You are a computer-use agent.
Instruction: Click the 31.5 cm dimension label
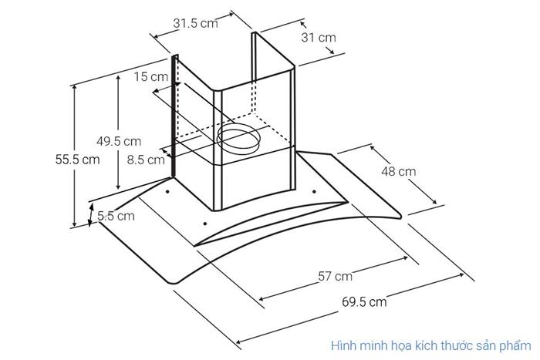click(x=195, y=23)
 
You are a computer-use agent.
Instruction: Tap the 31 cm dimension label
click(x=318, y=37)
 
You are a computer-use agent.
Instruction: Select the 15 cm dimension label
click(x=151, y=76)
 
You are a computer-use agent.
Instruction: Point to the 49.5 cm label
click(x=119, y=141)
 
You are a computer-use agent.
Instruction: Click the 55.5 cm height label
click(x=77, y=160)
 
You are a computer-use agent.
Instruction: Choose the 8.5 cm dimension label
click(x=146, y=160)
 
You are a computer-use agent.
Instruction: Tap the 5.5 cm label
click(x=116, y=216)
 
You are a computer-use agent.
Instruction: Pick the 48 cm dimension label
click(x=399, y=171)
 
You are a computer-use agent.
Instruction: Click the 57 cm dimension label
click(x=335, y=276)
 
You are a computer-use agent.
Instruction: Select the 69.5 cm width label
click(x=364, y=302)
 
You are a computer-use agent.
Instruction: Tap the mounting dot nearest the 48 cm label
click(x=314, y=191)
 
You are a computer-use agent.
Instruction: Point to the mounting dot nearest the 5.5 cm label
click(x=167, y=191)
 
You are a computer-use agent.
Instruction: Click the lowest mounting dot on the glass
click(x=205, y=224)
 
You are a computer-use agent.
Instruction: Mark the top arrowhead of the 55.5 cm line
click(x=74, y=87)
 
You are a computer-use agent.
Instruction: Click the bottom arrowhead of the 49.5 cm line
click(x=118, y=187)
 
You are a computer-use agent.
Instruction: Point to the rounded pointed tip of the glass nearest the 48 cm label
click(x=400, y=216)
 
